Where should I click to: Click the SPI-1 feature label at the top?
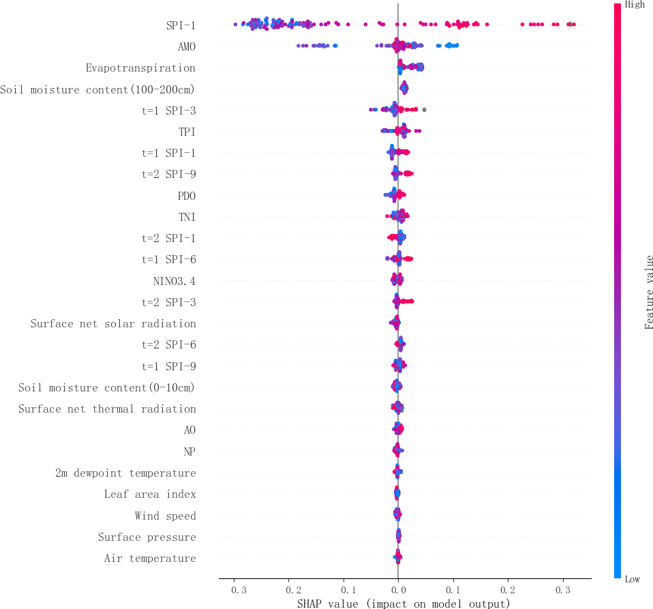[181, 26]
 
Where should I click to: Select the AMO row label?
[186, 47]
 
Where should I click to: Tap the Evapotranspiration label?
[140, 68]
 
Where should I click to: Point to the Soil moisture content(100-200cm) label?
[97, 89]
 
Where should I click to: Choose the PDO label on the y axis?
[186, 196]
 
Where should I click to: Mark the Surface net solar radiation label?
[113, 324]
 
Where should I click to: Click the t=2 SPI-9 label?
[168, 175]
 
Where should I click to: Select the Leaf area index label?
[150, 494]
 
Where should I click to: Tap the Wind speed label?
[165, 516]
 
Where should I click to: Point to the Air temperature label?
[150, 559]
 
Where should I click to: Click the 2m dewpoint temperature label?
[125, 473]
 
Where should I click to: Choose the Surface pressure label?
[147, 537]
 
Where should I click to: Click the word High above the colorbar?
[635, 5]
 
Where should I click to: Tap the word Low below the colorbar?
[633, 579]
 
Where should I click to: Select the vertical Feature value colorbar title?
[649, 292]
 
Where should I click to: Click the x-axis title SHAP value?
[404, 604]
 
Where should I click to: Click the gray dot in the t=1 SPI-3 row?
[424, 109]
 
